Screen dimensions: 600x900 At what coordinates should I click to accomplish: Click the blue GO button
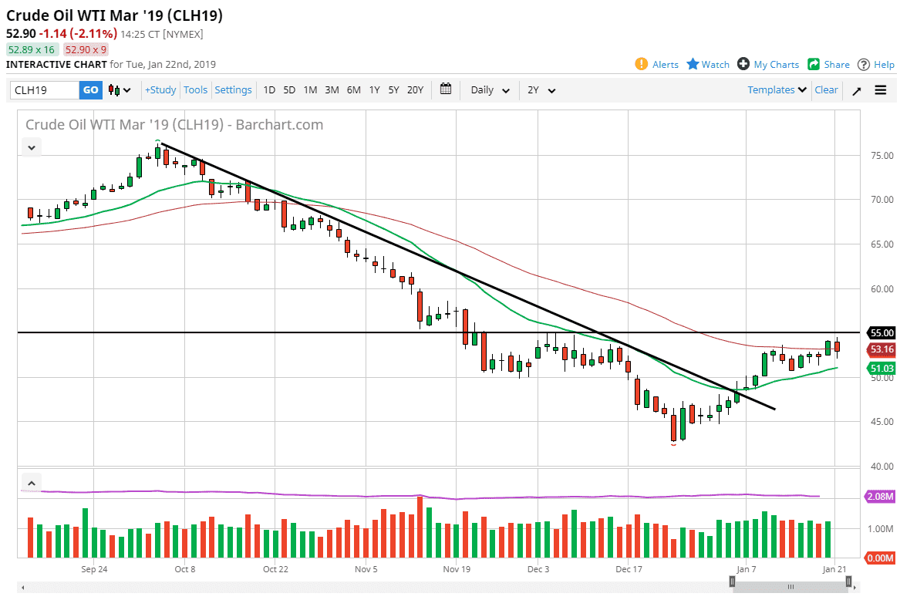coord(90,90)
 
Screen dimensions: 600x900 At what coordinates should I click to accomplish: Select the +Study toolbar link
coord(160,90)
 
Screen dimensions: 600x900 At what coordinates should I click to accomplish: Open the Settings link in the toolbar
coord(233,90)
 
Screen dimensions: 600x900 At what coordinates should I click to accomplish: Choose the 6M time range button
coord(353,90)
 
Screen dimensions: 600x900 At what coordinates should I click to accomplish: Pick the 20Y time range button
coord(415,90)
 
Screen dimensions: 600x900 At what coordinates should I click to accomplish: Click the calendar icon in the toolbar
coord(446,89)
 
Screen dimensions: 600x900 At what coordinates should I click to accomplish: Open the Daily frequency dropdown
coord(490,90)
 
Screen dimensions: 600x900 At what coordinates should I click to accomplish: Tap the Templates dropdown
coord(777,90)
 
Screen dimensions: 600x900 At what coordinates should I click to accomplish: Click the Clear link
coord(826,90)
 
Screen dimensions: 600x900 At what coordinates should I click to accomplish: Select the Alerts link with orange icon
coord(657,65)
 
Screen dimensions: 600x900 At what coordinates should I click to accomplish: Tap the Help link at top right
coord(876,65)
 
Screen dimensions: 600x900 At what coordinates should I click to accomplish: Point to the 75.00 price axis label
coord(881,156)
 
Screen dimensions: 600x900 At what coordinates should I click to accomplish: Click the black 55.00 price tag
coord(881,333)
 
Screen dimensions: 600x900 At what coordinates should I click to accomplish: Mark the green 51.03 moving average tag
coord(881,369)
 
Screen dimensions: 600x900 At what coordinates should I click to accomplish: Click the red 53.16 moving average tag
coord(881,349)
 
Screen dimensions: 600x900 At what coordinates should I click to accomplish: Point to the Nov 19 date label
coord(457,570)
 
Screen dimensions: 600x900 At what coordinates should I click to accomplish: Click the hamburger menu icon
coord(881,90)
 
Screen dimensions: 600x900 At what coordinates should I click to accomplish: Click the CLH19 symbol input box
coord(45,90)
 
